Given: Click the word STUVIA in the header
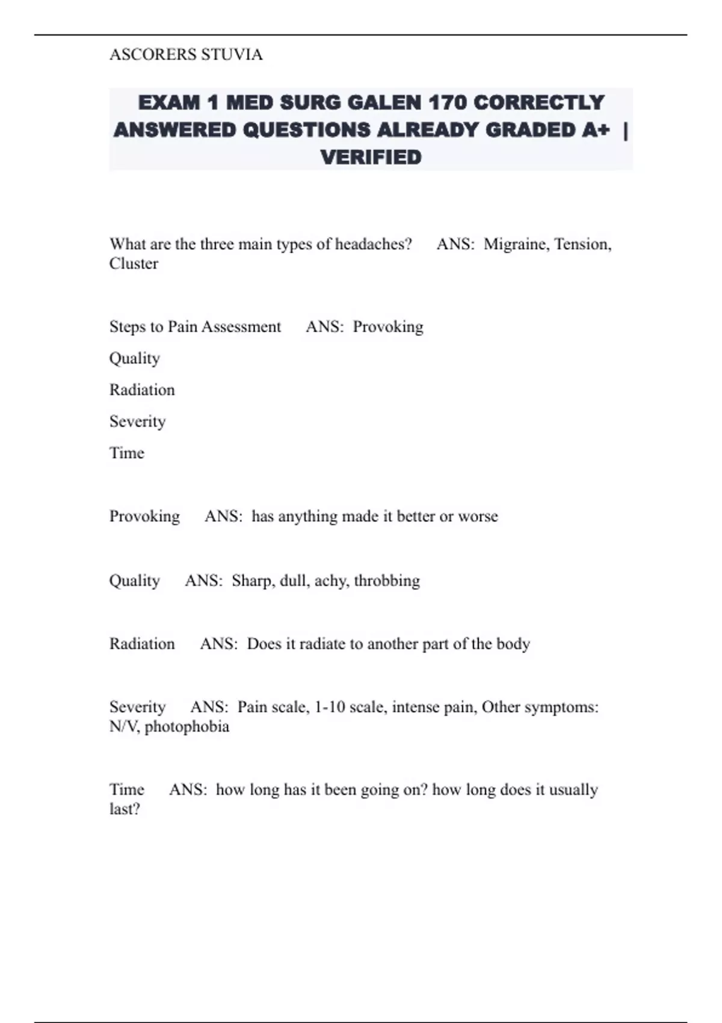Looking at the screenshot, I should (232, 55).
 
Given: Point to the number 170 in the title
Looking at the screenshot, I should (448, 103).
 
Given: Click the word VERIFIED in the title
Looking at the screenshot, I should (371, 158).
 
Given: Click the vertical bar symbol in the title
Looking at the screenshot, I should (626, 130).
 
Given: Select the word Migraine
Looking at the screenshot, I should (516, 244).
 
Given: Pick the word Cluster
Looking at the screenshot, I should (134, 264).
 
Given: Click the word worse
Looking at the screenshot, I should (478, 516).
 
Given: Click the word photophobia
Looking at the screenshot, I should (187, 727).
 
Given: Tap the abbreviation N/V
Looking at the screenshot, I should (125, 727).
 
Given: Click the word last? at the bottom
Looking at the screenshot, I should (125, 809).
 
